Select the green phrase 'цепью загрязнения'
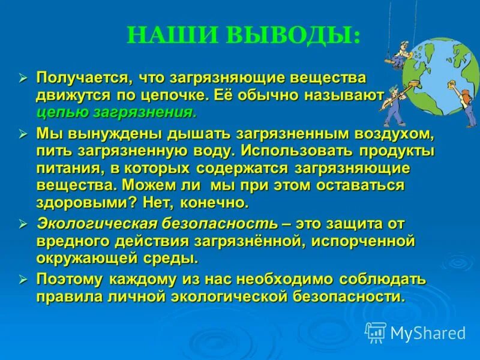click(x=116, y=112)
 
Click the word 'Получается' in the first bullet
click(x=83, y=78)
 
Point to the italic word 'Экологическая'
click(x=97, y=223)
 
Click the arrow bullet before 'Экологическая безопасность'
click(x=24, y=224)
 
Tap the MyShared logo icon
click(x=376, y=332)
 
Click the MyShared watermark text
click(x=428, y=333)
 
